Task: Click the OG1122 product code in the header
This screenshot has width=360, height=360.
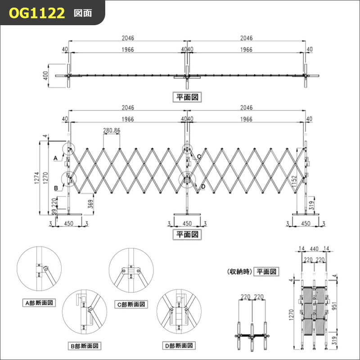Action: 37,13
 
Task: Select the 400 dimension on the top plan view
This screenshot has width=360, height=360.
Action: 45,75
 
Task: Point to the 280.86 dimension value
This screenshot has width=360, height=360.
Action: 112,131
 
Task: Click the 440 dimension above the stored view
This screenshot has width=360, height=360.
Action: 314,248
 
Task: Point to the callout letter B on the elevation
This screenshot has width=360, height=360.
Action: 56,188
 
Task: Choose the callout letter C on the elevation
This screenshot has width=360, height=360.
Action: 198,156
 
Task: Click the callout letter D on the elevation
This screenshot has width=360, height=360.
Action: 203,186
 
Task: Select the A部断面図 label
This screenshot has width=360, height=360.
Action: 39,303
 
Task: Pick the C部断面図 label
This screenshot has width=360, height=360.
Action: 132,305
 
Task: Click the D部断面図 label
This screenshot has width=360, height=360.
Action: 179,346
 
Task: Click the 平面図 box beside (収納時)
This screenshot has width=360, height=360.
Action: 267,271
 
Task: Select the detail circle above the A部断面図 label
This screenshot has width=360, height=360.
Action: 39,270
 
